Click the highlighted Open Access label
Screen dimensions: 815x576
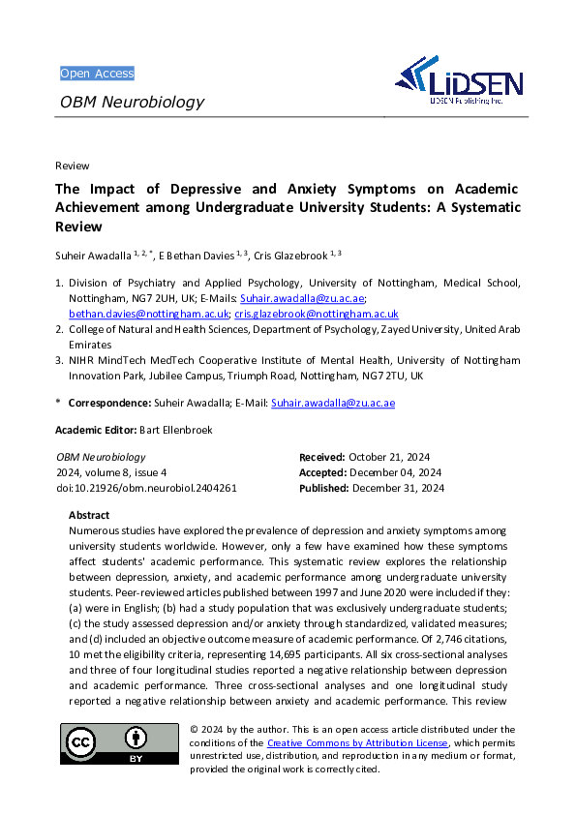[x=97, y=74]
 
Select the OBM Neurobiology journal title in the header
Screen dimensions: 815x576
[x=133, y=102]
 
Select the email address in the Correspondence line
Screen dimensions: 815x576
[x=332, y=403]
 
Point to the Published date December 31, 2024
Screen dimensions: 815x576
[x=398, y=488]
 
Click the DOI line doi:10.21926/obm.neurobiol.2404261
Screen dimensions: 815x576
[x=146, y=488]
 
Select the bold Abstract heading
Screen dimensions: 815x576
[x=89, y=515]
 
